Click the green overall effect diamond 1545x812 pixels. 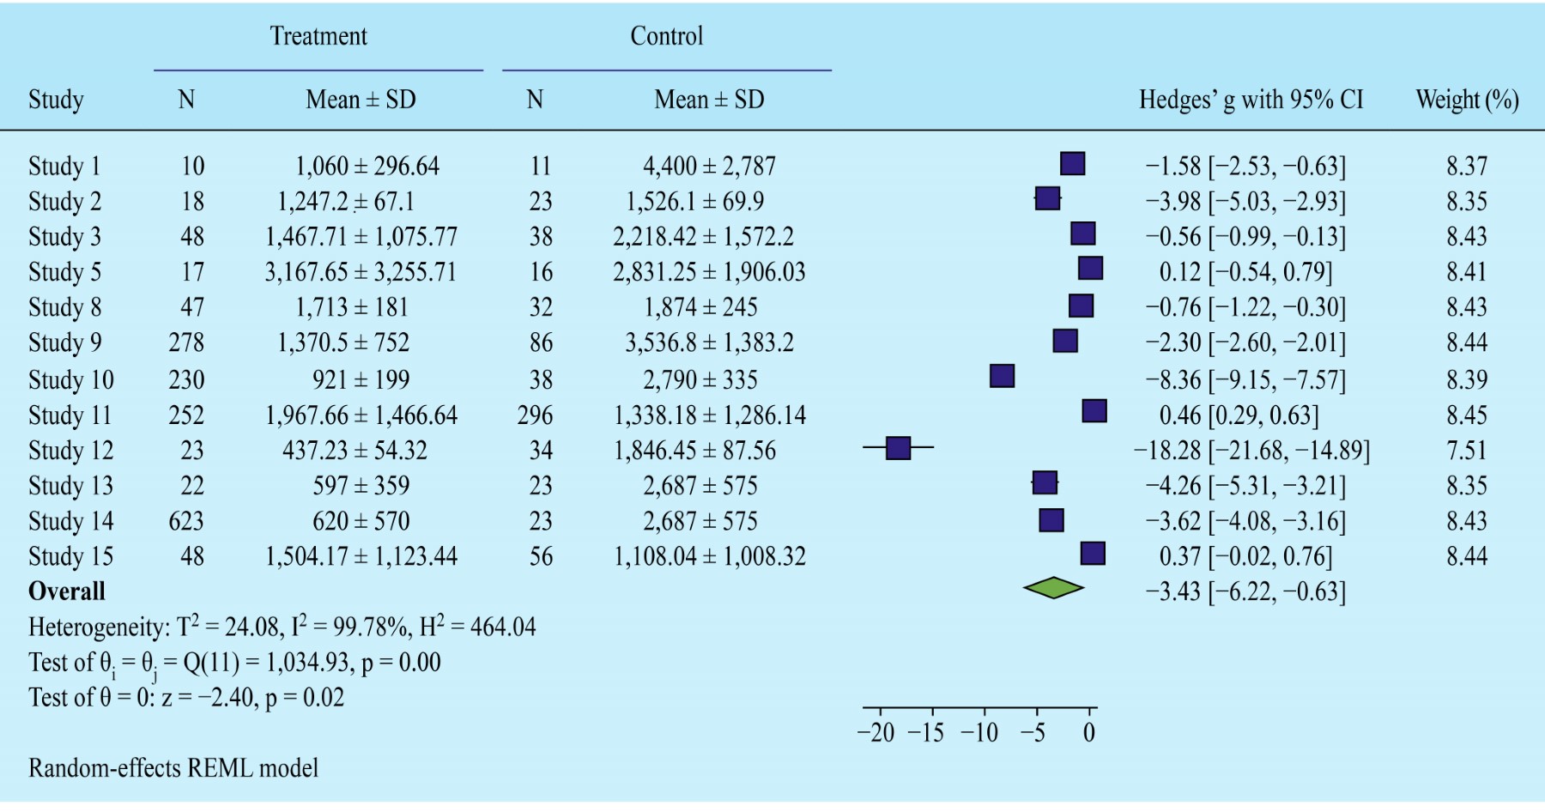[x=1053, y=588]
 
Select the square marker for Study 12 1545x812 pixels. [x=898, y=448]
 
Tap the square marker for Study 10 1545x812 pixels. [x=1002, y=376]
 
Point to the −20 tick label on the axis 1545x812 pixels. [x=876, y=733]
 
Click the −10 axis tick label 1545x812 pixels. [x=979, y=733]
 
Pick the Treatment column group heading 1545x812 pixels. [x=318, y=36]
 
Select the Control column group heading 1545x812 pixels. [x=667, y=36]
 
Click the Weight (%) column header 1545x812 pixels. [x=1467, y=100]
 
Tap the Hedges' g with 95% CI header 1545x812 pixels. [x=1251, y=100]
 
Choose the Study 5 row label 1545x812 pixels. [x=64, y=272]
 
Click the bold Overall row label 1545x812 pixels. [x=67, y=591]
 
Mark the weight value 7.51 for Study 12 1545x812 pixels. [x=1467, y=451]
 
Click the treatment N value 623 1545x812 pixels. [x=186, y=521]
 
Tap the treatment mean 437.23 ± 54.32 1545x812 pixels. [x=354, y=451]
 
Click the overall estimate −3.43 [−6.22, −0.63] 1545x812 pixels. [x=1245, y=591]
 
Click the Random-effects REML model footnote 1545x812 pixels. [x=173, y=767]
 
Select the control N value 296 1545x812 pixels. [x=535, y=415]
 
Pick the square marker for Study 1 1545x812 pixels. [x=1072, y=163]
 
